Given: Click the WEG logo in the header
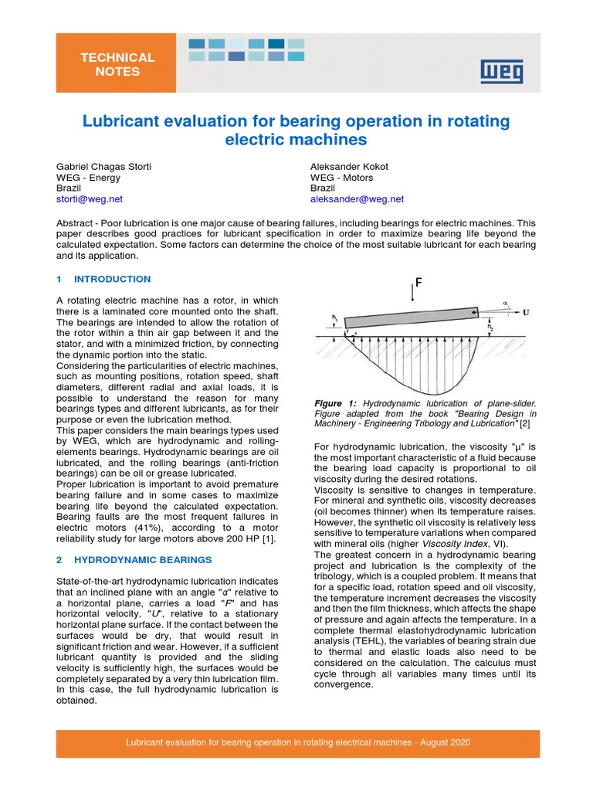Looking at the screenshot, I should coord(501,71).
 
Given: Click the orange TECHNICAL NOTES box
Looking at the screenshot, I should coord(117,65).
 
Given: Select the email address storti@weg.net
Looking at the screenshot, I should coord(90,199).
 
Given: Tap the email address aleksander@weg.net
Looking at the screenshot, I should coord(357,199).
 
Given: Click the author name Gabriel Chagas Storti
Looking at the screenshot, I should coord(105,166).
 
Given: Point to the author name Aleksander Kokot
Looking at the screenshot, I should coord(349,166).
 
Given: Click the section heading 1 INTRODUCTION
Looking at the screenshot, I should coord(104,279).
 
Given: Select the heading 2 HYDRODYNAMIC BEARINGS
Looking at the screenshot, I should coord(134,559).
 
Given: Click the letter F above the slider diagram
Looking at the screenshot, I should coord(418,283).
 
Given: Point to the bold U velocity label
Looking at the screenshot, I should coord(526,314).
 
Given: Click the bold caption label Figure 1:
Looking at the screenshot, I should coord(336,403).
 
